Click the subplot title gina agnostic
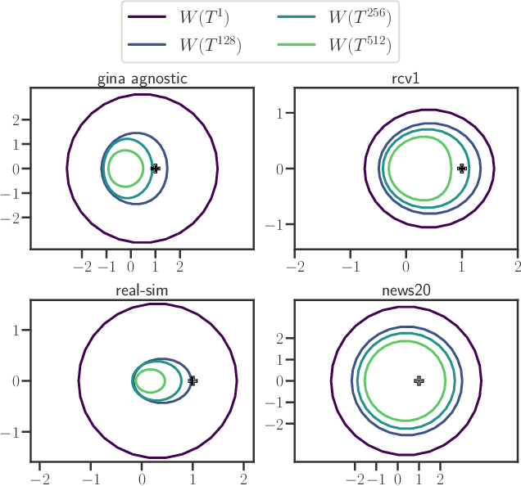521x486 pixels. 142,79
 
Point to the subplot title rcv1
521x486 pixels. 405,79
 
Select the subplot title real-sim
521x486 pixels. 142,291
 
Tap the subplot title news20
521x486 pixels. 405,291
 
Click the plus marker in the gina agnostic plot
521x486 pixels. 156,169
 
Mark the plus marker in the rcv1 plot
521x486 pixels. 462,169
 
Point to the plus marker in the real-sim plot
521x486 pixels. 193,380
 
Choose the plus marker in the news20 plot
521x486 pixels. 419,380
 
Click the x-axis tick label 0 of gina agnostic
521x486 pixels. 130,267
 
